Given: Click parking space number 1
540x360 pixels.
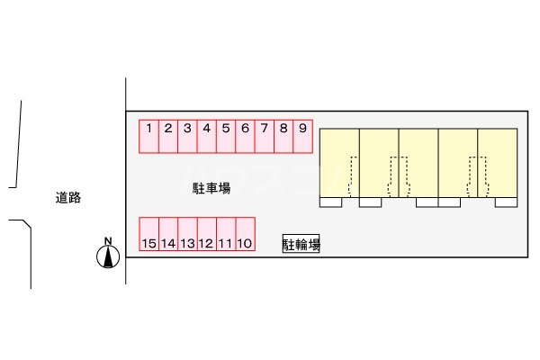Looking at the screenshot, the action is (148, 137).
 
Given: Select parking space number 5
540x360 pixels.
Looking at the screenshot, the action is (226, 137).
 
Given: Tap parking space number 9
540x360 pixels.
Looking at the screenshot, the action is (302, 137).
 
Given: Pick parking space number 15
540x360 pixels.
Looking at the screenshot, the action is (149, 234).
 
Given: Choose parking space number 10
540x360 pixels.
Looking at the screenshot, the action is (245, 234).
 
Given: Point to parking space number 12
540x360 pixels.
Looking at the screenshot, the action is (207, 234).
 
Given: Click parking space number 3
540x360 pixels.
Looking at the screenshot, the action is (187, 137).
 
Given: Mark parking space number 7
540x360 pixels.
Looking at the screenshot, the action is (264, 137).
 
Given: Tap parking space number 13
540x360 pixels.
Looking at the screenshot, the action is (188, 234).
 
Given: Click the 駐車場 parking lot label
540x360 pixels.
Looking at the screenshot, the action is (211, 188).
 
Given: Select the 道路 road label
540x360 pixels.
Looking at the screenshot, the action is (68, 198).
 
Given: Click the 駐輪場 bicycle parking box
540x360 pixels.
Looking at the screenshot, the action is (301, 244).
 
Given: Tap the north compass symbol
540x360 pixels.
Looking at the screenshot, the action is (108, 256).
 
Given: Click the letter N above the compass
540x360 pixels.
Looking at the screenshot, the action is (108, 241).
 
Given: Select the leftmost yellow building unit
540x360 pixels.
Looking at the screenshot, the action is (339, 163).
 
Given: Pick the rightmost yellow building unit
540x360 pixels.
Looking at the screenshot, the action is (498, 163).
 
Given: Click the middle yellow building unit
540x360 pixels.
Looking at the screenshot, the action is (418, 163).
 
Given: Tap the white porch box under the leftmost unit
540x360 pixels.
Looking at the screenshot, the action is (330, 202).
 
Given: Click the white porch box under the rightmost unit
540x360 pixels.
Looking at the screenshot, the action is (506, 202).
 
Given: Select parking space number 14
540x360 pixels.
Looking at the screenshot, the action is (168, 234).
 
